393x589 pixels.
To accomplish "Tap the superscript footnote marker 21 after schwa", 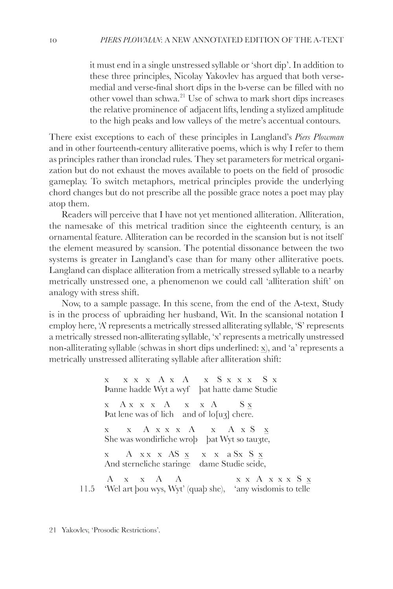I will click(182, 96).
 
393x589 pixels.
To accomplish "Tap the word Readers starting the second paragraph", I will click(77, 215).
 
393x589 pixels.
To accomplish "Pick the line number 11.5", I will click(87, 489).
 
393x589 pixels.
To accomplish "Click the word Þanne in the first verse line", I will click(114, 390).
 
